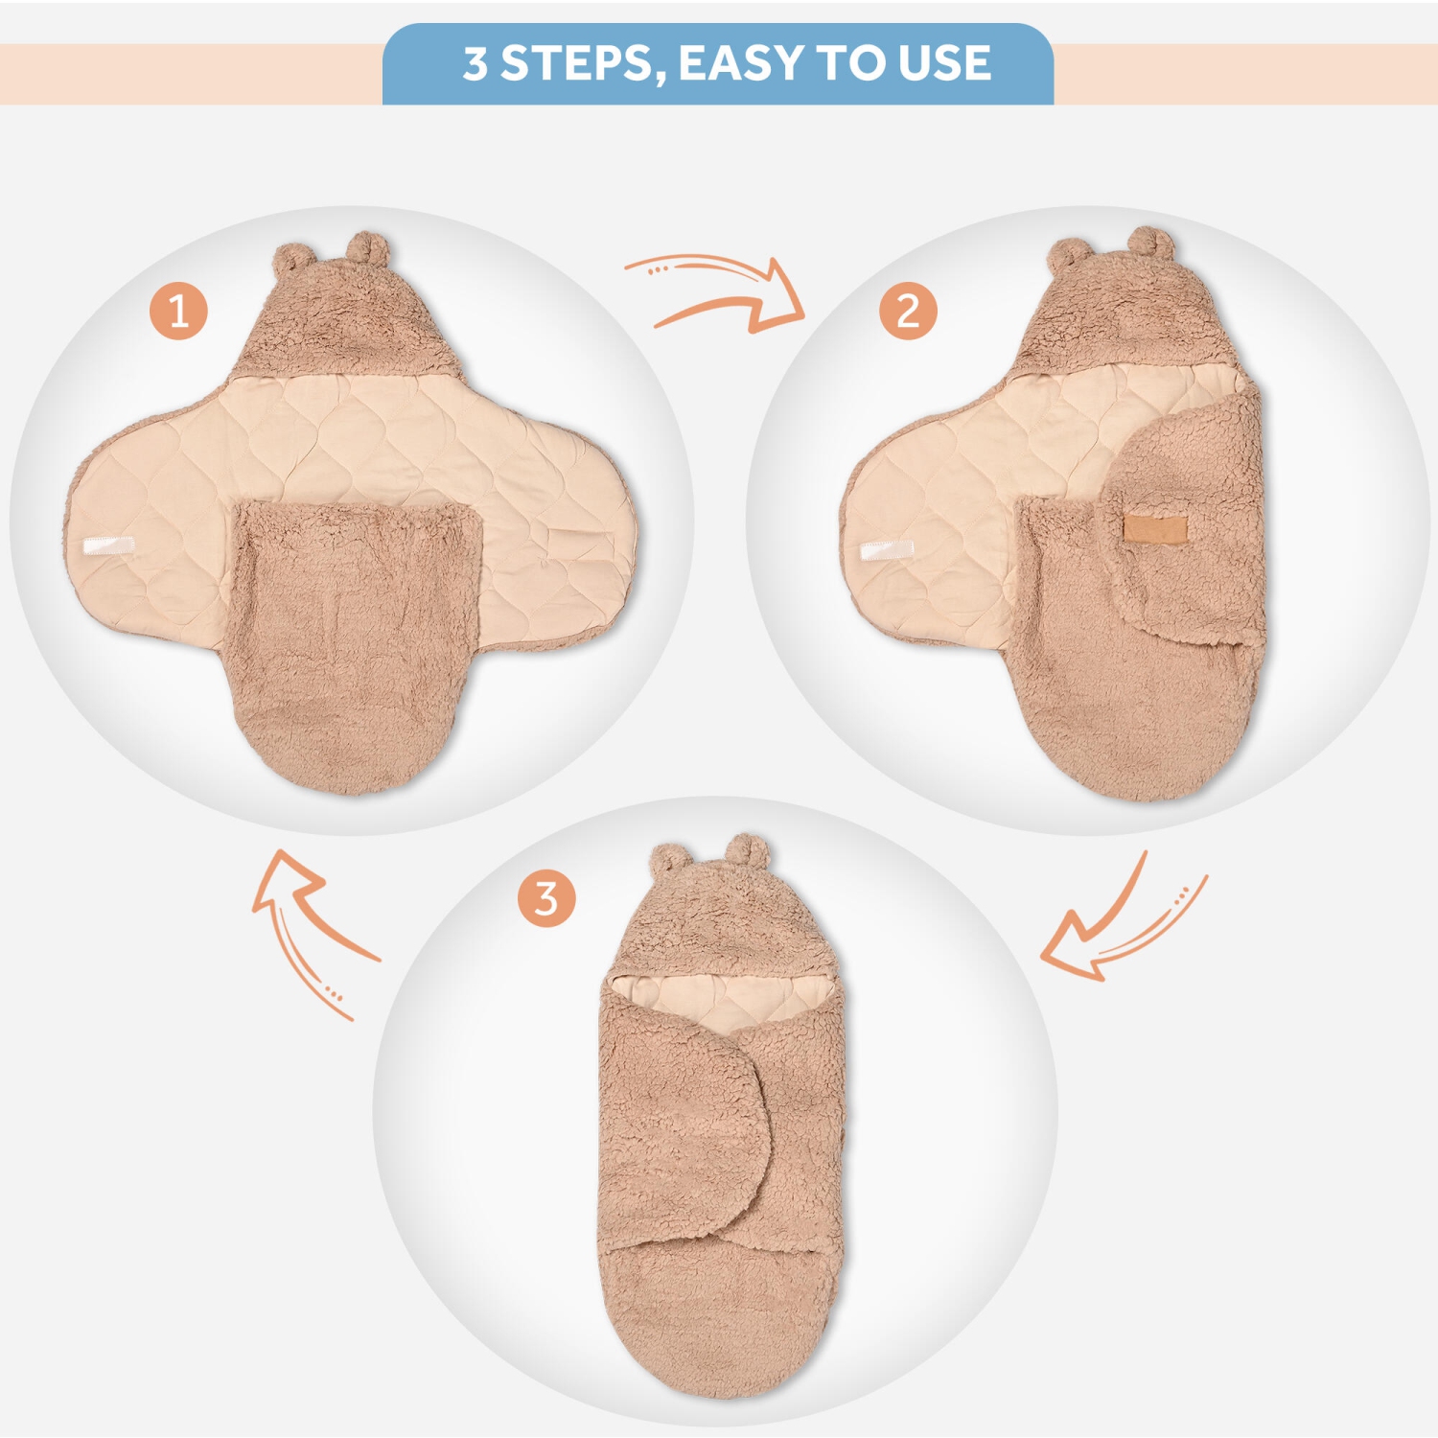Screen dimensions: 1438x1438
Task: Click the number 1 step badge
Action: pos(178,311)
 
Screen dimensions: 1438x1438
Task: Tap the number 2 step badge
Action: pos(907,311)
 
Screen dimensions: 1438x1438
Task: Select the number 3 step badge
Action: pos(545,898)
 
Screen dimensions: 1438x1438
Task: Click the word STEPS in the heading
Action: pos(576,63)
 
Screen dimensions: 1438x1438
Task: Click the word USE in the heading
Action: pos(943,63)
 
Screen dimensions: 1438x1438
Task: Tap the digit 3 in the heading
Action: pos(475,63)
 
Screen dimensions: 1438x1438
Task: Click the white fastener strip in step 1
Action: pos(108,546)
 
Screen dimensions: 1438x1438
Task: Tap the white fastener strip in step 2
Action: pos(886,549)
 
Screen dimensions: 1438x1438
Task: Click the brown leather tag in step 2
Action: pos(1155,528)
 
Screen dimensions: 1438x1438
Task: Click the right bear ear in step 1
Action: pos(368,247)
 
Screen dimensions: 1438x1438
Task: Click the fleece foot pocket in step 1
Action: pos(355,642)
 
